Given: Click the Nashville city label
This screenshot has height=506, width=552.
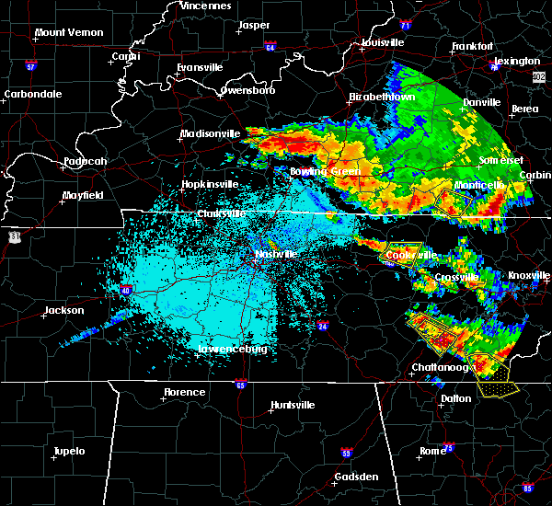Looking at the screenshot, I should pos(275,254).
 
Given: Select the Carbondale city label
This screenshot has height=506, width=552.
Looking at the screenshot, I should pos(31,94).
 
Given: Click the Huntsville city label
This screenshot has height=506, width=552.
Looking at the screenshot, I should pos(293,405).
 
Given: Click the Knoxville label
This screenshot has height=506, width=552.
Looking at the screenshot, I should pos(529,276).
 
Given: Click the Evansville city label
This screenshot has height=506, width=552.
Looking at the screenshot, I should pos(201,67).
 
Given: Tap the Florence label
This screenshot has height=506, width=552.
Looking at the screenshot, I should pos(185,392).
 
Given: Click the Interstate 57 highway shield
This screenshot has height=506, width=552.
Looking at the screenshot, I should pos(30,66).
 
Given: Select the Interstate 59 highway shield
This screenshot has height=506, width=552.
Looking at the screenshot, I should pos(346,454).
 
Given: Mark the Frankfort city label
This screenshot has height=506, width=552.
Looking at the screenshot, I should pos(473,46).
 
